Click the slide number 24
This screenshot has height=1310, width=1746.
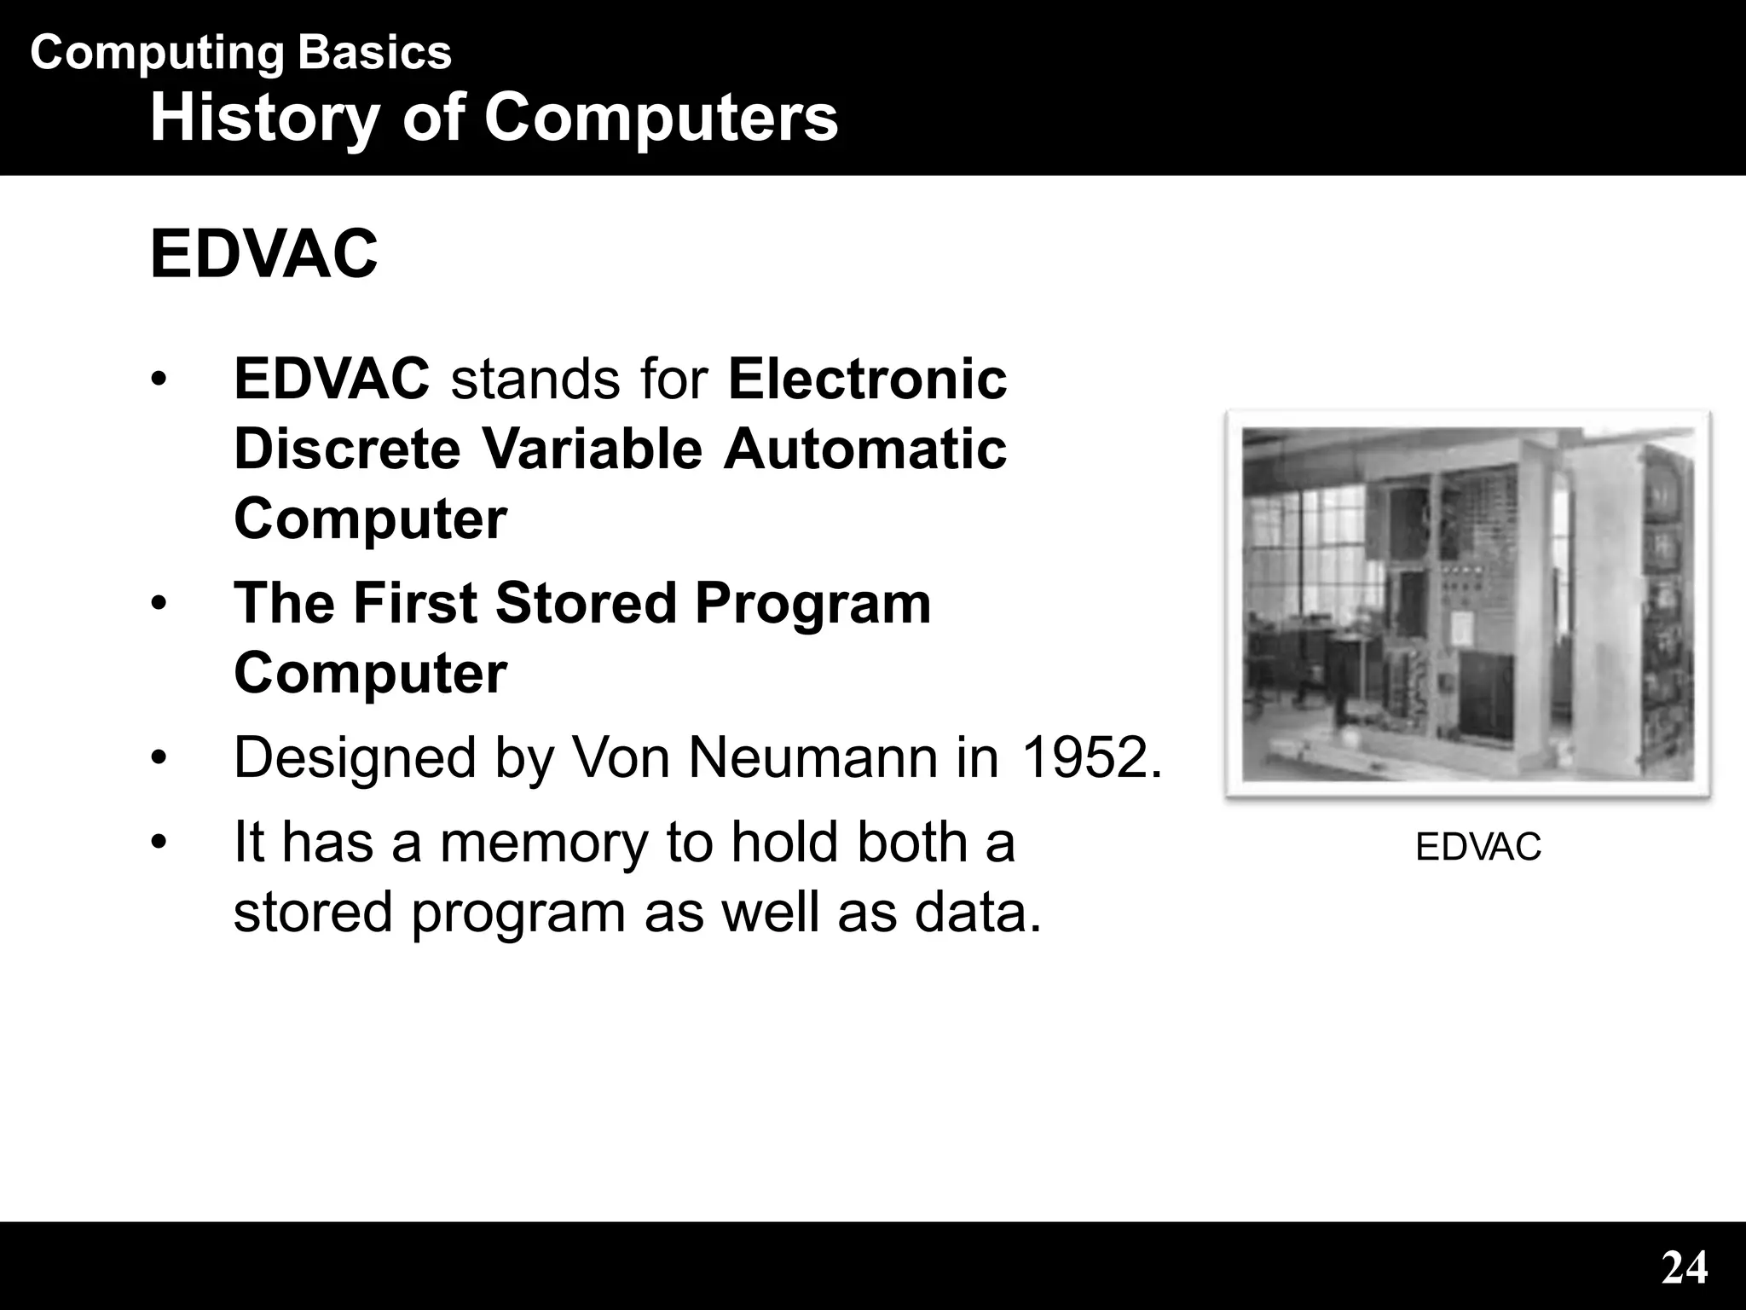tap(1684, 1268)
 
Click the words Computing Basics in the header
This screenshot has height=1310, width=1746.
tap(240, 53)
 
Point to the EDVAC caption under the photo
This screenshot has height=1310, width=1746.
tap(1477, 848)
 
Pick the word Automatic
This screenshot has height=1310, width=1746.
tap(864, 449)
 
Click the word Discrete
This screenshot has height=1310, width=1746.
tap(347, 449)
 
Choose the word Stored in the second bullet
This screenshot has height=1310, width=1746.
tap(586, 603)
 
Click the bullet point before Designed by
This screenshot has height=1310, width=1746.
tap(157, 757)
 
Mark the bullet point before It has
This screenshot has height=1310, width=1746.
tap(157, 843)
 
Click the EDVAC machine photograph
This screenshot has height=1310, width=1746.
tap(1467, 604)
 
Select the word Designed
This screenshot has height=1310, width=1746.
tap(354, 757)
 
